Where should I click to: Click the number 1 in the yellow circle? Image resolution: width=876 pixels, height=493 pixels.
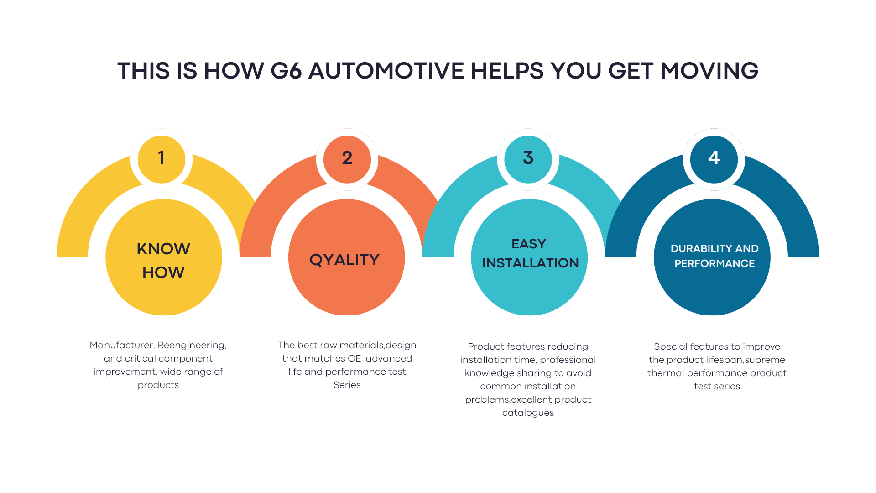pos(161,158)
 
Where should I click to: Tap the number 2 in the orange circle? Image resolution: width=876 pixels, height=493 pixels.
pos(347,158)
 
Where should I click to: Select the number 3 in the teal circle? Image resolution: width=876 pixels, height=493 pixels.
pos(528,158)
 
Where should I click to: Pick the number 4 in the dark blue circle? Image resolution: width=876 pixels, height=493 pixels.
pos(714,158)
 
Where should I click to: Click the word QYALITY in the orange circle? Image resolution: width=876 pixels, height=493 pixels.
pos(344,260)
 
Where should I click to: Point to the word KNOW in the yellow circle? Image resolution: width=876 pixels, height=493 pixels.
pos(163,249)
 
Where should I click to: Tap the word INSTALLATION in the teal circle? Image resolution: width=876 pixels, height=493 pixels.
pos(530,263)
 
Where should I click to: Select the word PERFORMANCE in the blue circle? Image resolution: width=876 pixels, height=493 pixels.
pos(714,263)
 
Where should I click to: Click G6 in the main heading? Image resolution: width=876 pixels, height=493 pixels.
pos(286,71)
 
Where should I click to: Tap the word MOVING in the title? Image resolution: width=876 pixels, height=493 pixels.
pos(709,71)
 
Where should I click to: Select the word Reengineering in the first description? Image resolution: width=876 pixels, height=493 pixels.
pos(192,346)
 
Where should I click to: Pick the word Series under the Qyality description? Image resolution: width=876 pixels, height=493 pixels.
pos(347,385)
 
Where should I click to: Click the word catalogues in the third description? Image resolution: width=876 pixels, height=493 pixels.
pos(528,413)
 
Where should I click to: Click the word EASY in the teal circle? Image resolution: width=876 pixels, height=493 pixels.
pos(529,244)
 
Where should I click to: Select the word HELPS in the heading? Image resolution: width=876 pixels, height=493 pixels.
pos(507,71)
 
